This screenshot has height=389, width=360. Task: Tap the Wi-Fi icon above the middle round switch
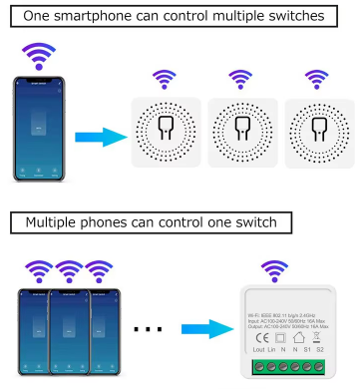point(239,77)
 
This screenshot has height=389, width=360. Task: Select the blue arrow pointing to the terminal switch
point(203,328)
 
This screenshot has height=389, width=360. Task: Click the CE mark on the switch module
point(260,336)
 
